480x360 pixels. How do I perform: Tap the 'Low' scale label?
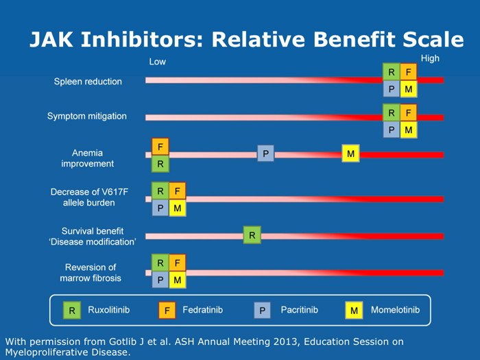(x=157, y=62)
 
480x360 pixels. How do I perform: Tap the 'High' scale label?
(x=430, y=59)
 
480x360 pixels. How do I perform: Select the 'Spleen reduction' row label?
(x=88, y=82)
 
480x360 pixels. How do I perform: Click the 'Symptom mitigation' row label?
(x=86, y=116)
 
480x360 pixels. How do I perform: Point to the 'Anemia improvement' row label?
(x=88, y=158)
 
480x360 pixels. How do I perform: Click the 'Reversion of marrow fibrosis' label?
(x=91, y=273)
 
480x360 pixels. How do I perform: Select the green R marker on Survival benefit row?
(x=252, y=236)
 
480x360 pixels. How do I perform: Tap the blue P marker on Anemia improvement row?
(x=265, y=154)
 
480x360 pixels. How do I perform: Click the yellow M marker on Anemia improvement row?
(x=350, y=154)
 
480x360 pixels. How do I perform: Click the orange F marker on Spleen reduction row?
(x=408, y=72)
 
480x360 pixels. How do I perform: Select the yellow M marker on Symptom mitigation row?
(x=408, y=130)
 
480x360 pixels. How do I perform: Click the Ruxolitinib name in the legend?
(x=108, y=311)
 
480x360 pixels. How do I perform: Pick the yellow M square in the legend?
(x=354, y=311)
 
